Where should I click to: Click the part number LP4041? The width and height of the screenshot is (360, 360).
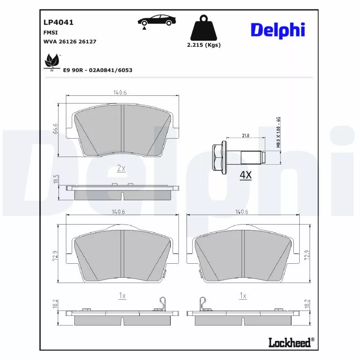pos(58,22)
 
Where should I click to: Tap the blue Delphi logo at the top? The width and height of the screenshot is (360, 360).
pos(278,30)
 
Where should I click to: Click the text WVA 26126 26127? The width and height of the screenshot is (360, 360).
pos(70,41)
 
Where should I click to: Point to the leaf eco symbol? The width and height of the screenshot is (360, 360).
pos(52,62)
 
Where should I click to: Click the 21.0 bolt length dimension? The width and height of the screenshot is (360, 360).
pos(246,135)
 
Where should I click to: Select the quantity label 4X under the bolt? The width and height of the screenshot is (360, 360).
pos(245,175)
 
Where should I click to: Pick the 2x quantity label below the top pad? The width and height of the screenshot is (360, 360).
pos(121,168)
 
